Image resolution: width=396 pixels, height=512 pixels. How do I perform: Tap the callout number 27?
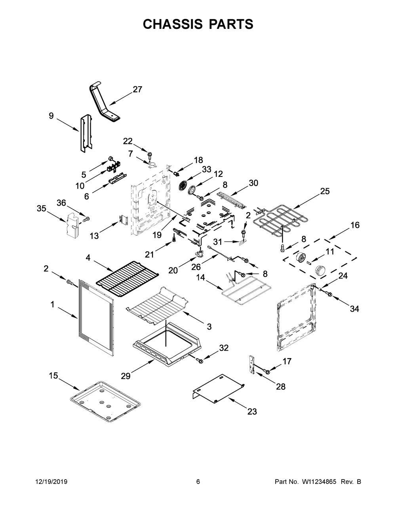(137, 89)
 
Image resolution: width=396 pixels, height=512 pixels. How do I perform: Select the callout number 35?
(42, 209)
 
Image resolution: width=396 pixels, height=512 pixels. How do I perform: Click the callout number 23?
(252, 411)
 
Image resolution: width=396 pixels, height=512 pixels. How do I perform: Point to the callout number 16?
(355, 225)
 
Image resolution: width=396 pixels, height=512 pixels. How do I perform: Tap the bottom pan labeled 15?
(106, 401)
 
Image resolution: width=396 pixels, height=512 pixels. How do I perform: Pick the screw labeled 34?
(328, 294)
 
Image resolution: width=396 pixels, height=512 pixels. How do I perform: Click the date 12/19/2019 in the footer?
(51, 482)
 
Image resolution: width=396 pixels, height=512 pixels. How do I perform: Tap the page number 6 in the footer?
(198, 482)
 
